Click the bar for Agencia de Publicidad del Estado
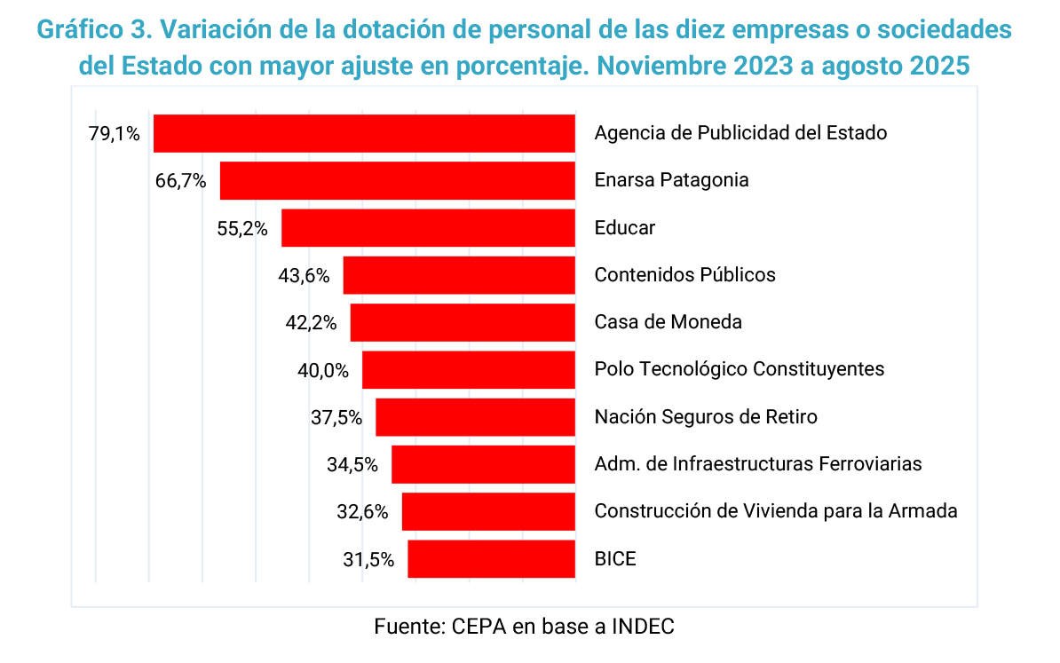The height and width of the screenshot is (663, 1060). (364, 133)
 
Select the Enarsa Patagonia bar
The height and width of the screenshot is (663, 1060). (397, 180)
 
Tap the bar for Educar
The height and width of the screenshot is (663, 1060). (428, 228)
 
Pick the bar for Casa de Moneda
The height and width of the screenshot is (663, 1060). (463, 322)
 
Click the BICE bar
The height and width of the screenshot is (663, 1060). (491, 559)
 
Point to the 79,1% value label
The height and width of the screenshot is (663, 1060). (114, 134)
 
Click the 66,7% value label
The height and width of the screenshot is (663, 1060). (180, 181)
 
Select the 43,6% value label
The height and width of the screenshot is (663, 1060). (304, 276)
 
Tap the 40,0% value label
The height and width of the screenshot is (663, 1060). (323, 370)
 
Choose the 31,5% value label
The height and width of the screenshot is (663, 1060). (368, 560)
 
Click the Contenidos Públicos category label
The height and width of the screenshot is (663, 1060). (684, 275)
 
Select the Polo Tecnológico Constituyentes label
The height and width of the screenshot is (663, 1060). (739, 369)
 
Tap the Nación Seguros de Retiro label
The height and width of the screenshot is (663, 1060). (706, 416)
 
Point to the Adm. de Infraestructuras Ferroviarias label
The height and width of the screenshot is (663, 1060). (758, 463)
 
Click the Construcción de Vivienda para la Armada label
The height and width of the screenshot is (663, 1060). (776, 511)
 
